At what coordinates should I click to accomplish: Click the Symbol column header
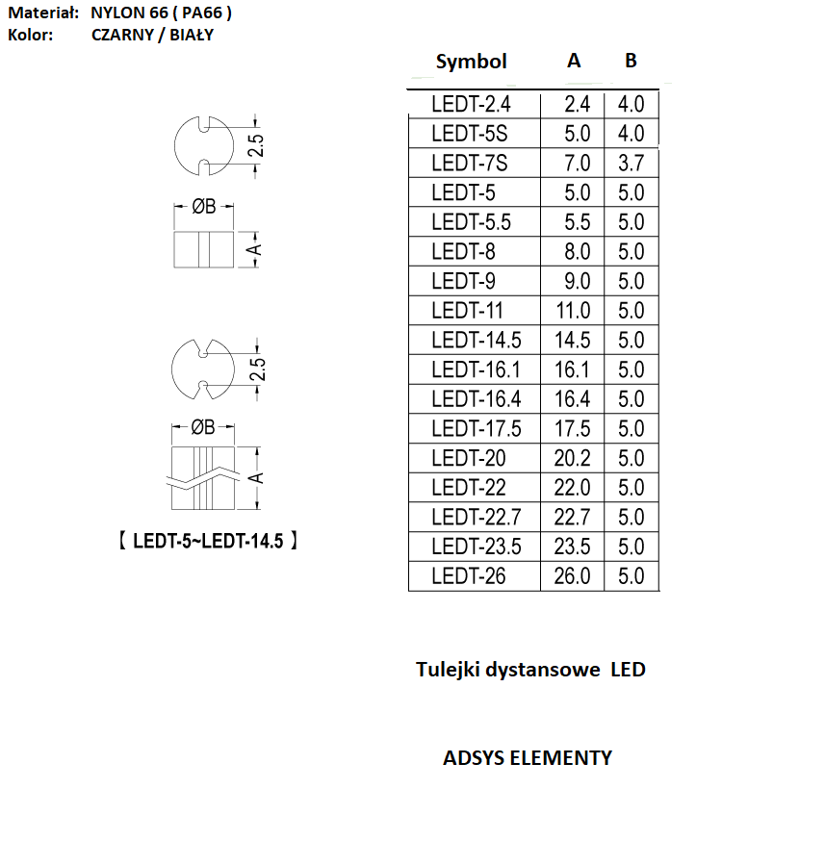[x=472, y=62]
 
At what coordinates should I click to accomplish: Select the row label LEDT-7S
[x=469, y=164]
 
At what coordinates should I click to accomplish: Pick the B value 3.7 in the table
[x=631, y=164]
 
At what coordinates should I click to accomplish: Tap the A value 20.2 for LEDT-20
[x=572, y=458]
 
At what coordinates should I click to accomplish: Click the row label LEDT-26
[x=469, y=576]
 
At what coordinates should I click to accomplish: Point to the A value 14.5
[x=572, y=341]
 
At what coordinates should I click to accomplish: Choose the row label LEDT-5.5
[x=472, y=222]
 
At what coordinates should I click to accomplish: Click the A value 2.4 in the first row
[x=578, y=104]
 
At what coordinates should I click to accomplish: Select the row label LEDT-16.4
[x=477, y=399]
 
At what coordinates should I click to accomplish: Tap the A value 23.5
[x=572, y=547]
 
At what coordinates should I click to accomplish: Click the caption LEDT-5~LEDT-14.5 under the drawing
[x=208, y=541]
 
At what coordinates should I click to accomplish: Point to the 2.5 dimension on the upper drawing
[x=256, y=145]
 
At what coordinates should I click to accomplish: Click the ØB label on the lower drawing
[x=202, y=427]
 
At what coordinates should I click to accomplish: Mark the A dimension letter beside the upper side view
[x=255, y=250]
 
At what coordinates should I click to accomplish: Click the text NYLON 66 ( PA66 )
[x=161, y=13]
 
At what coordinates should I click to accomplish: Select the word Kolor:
[x=31, y=35]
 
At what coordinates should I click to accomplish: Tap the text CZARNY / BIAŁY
[x=152, y=35]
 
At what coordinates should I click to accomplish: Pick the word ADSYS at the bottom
[x=474, y=758]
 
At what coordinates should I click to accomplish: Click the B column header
[x=631, y=60]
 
